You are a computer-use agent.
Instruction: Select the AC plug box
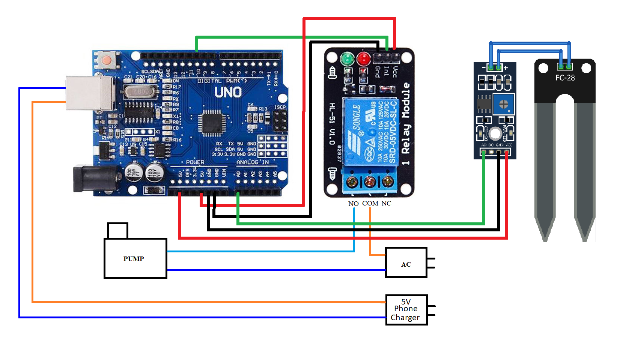click(x=406, y=262)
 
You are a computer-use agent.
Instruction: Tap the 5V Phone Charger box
click(x=406, y=310)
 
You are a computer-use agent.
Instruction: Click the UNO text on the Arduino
click(x=228, y=92)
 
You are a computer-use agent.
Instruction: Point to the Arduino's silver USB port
click(x=89, y=93)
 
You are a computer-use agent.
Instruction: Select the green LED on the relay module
click(x=347, y=58)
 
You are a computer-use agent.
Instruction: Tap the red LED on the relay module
click(x=363, y=58)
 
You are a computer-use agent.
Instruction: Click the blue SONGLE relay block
click(x=370, y=131)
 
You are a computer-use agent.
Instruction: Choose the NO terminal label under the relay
click(x=353, y=204)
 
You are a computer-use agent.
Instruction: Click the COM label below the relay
click(x=370, y=203)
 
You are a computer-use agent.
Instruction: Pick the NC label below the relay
click(x=386, y=203)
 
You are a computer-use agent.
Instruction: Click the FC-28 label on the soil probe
click(x=565, y=78)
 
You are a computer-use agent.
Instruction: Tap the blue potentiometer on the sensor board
click(x=503, y=105)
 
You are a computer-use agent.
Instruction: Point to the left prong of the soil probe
click(x=545, y=169)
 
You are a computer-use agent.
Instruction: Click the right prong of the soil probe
click(x=585, y=169)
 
